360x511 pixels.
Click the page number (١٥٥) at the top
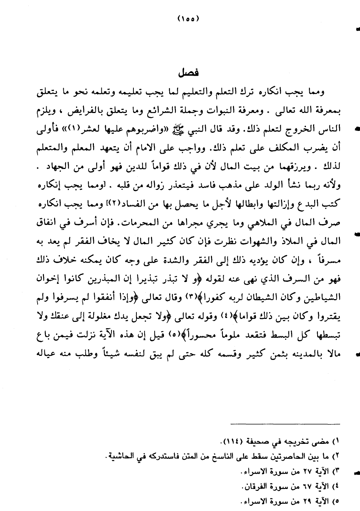click(188, 18)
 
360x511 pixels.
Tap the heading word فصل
click(188, 72)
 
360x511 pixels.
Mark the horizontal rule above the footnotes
click(285, 424)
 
